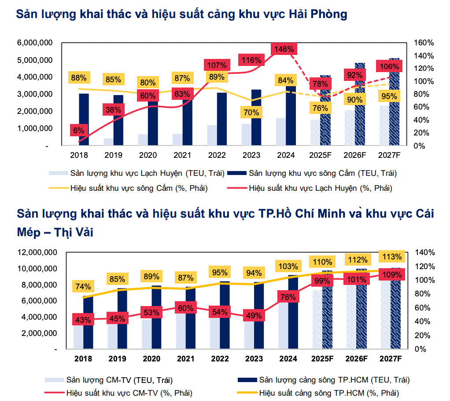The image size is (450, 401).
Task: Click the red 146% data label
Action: (x=284, y=49)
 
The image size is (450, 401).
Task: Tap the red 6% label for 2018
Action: (x=79, y=130)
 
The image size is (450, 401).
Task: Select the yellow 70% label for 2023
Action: (x=251, y=113)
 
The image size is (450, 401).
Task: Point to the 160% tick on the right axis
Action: (x=424, y=43)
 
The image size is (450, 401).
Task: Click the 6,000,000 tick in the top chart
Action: (x=35, y=43)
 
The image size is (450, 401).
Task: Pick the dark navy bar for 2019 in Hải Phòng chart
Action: (x=118, y=120)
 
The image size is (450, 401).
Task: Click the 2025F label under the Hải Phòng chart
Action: (x=320, y=155)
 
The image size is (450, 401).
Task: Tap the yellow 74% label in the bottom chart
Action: (x=83, y=287)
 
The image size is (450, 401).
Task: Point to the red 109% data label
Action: (x=391, y=275)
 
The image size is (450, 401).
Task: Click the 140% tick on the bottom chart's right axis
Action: (x=424, y=252)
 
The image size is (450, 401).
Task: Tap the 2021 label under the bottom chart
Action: (x=186, y=359)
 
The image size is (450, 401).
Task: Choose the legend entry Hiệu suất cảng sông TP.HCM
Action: (x=329, y=393)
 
